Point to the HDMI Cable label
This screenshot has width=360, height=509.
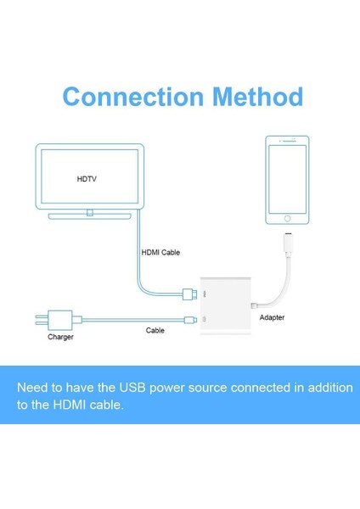[x=160, y=252]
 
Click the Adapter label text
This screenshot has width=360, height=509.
[x=272, y=318]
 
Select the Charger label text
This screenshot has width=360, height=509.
[x=60, y=337]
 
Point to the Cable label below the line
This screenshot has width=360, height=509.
[x=155, y=330]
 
